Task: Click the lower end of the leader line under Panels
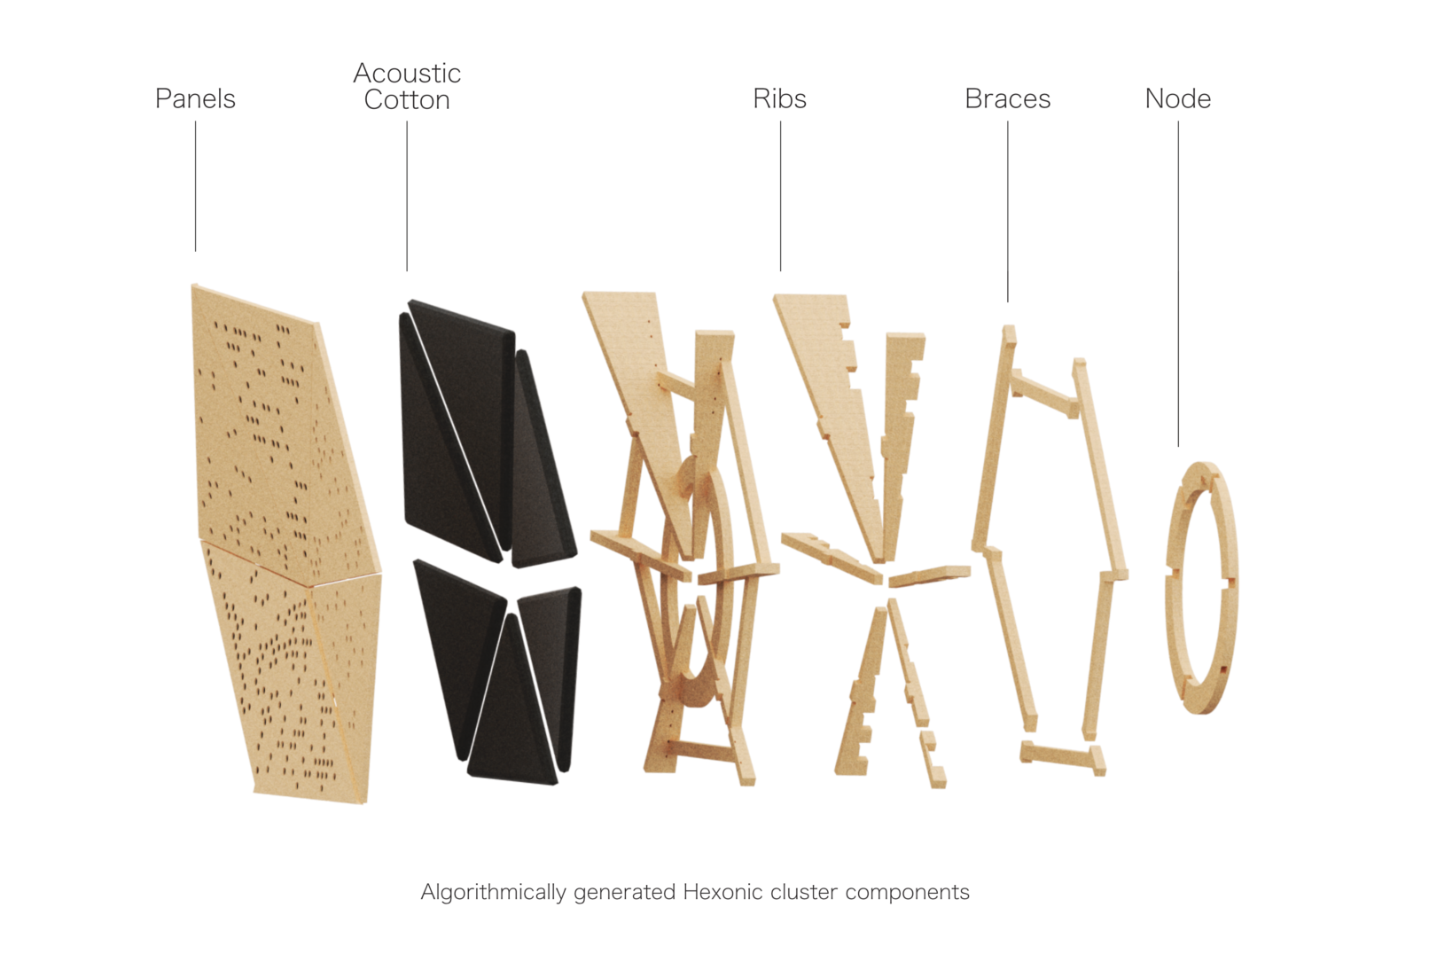click(x=195, y=252)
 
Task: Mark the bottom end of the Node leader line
click(x=1178, y=446)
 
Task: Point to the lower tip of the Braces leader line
click(x=1008, y=301)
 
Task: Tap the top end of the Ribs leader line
click(x=780, y=121)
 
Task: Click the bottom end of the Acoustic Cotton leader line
click(x=407, y=271)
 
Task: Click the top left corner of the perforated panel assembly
click(x=192, y=285)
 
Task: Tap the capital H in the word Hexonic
click(x=691, y=891)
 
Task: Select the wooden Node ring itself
click(x=1201, y=588)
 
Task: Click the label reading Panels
click(x=195, y=99)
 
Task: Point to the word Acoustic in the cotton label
click(x=407, y=73)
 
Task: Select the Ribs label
click(x=779, y=99)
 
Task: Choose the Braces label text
click(x=1007, y=99)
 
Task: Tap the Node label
click(x=1177, y=99)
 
